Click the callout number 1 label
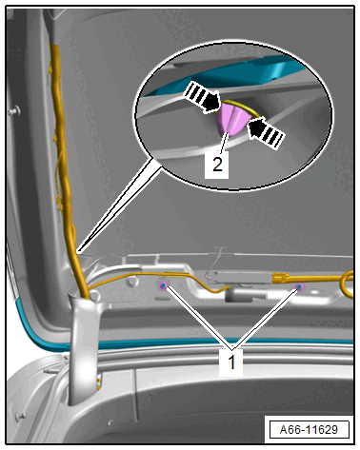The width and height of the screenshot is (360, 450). click(231, 362)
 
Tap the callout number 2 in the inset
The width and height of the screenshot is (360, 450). click(217, 165)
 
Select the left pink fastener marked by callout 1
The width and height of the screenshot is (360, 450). click(163, 285)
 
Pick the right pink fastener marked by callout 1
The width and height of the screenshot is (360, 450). click(299, 286)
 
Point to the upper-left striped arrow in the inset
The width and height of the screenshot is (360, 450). click(202, 97)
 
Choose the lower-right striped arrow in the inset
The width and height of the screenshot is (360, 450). click(265, 132)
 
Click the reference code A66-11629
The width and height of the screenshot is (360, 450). click(309, 429)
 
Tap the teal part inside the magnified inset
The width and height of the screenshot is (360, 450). click(229, 74)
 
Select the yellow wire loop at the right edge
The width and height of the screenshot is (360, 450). click(348, 284)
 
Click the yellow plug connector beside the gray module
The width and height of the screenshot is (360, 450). click(280, 278)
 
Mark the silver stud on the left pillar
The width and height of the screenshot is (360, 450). click(14, 111)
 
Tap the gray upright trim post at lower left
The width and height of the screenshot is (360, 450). click(83, 349)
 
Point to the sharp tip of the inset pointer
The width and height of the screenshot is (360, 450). click(78, 252)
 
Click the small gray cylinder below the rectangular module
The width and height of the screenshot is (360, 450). click(245, 296)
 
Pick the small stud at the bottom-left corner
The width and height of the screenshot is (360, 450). click(22, 416)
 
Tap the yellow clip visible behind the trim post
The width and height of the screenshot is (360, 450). click(100, 382)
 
